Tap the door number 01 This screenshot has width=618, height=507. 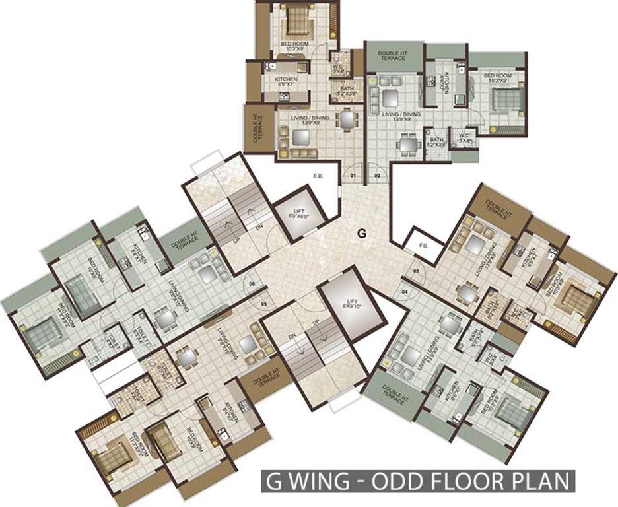tap(353, 176)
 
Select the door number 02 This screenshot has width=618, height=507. tap(378, 176)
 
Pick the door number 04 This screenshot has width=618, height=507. tap(405, 291)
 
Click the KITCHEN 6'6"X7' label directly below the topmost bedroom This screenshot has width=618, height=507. tap(287, 82)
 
